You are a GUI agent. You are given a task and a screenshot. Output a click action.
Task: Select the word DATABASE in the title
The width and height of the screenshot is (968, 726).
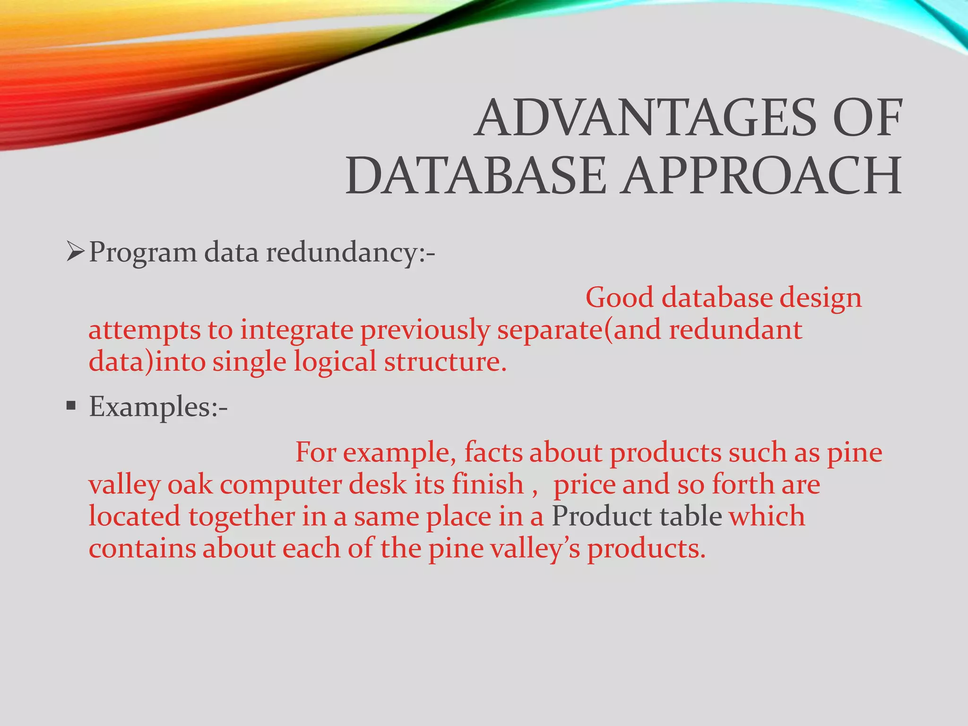tap(475, 177)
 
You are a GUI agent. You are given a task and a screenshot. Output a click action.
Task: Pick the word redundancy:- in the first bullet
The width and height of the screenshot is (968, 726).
tap(350, 252)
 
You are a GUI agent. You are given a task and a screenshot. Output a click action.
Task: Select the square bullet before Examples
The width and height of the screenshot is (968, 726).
tap(71, 406)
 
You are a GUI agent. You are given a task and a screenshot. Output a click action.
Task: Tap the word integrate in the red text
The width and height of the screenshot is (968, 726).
tap(296, 330)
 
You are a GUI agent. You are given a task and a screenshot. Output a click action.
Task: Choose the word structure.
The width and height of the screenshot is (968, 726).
tap(445, 362)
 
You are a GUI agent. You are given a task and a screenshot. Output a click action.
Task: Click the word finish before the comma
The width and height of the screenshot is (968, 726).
tap(487, 484)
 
